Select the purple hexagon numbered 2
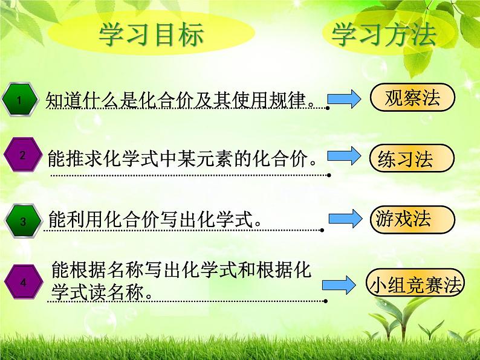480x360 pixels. pyautogui.click(x=22, y=155)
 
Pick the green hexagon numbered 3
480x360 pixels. pyautogui.click(x=22, y=222)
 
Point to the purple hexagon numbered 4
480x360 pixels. pyautogui.click(x=23, y=282)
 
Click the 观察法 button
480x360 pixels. pyautogui.click(x=412, y=98)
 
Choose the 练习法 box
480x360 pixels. pyautogui.click(x=410, y=159)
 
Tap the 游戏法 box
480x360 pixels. pyautogui.click(x=410, y=219)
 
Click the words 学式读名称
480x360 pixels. pyautogui.click(x=98, y=291)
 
